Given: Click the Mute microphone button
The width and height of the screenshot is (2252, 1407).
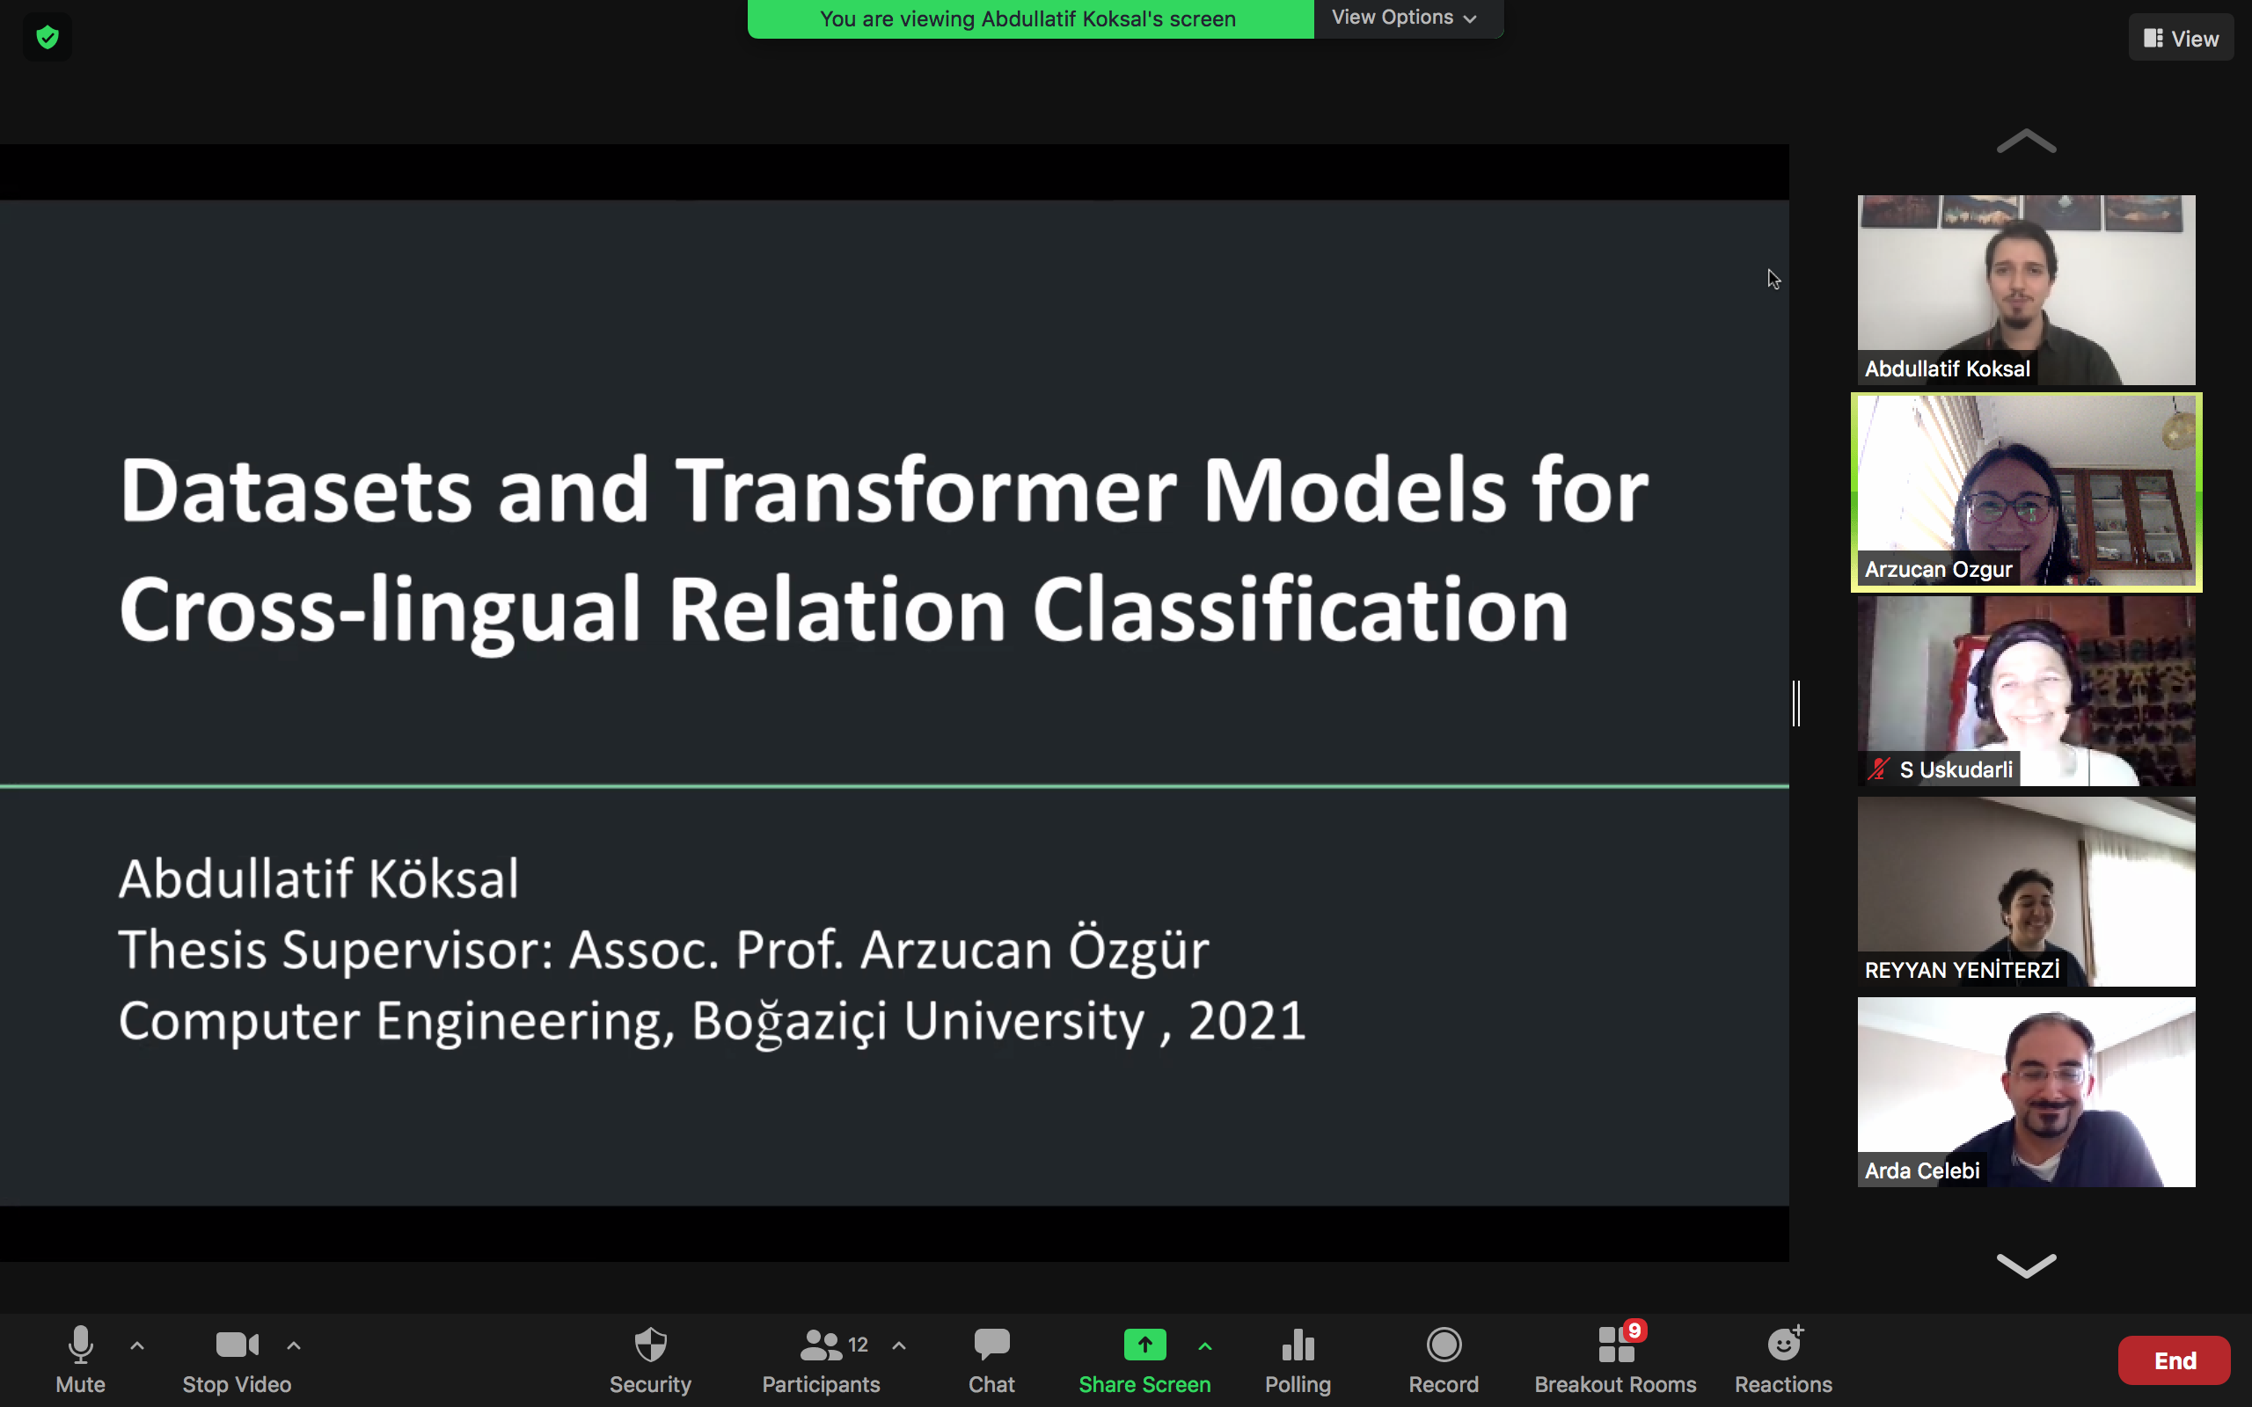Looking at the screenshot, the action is pyautogui.click(x=80, y=1360).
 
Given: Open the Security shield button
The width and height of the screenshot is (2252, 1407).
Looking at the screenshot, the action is pyautogui.click(x=649, y=1360).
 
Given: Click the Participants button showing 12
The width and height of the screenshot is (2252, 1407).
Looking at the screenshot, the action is pyautogui.click(x=821, y=1360).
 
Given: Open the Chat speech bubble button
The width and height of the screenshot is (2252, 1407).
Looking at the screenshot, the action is pyautogui.click(x=991, y=1360).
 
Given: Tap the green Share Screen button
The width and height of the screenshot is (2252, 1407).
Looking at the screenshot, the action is pyautogui.click(x=1144, y=1360).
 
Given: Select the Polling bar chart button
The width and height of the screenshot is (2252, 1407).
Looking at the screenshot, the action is pyautogui.click(x=1298, y=1360).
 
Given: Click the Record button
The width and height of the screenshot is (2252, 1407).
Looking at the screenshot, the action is pyautogui.click(x=1444, y=1360).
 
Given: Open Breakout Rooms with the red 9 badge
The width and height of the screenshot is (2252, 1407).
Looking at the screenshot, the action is pyautogui.click(x=1615, y=1360).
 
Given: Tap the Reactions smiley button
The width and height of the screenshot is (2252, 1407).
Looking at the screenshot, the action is pyautogui.click(x=1783, y=1360).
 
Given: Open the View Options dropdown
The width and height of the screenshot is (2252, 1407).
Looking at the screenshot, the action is pyautogui.click(x=1405, y=18).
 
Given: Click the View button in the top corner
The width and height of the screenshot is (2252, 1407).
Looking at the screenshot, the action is pyautogui.click(x=2181, y=38).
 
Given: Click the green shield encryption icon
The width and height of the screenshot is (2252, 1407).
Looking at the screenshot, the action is pyautogui.click(x=48, y=37).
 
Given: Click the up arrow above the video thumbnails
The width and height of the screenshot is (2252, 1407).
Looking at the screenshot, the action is pyautogui.click(x=2026, y=142).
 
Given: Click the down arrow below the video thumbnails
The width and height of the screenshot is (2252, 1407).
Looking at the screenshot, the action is pyautogui.click(x=2026, y=1265).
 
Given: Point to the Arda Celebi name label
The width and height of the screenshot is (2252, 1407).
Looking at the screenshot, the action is pyautogui.click(x=1921, y=1170).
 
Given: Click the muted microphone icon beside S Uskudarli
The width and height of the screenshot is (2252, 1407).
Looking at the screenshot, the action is pyautogui.click(x=1878, y=769).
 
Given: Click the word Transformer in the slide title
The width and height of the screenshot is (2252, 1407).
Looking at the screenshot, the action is pyautogui.click(x=926, y=491).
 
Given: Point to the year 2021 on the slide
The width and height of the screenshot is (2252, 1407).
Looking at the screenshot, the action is pyautogui.click(x=1247, y=1021).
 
